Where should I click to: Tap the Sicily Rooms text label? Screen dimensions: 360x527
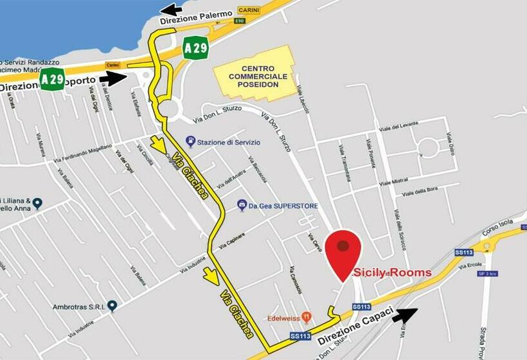(x=393, y=273)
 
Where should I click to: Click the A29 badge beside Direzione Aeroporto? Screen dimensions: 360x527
(x=52, y=78)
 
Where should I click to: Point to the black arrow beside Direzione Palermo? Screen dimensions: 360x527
(x=170, y=9)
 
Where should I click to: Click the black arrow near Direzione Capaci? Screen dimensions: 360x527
(x=404, y=315)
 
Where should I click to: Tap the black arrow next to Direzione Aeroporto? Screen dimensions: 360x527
(x=114, y=79)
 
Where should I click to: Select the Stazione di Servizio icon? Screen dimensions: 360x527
(x=190, y=141)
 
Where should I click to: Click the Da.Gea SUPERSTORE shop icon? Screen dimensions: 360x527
(x=242, y=205)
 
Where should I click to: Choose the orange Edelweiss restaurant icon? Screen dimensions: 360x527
(x=307, y=317)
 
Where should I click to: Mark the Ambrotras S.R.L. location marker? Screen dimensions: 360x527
(x=112, y=306)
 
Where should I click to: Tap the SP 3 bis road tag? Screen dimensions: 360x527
(x=488, y=273)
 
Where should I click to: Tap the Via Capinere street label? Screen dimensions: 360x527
(x=231, y=241)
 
